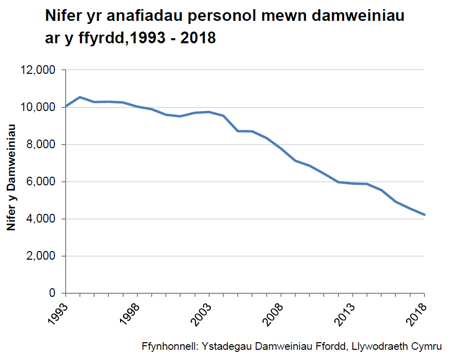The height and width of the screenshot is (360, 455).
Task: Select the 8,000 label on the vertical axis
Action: pyautogui.click(x=40, y=145)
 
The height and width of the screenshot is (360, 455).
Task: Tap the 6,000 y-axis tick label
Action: pyautogui.click(x=40, y=182)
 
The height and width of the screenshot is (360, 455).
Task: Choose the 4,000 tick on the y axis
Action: pyautogui.click(x=40, y=219)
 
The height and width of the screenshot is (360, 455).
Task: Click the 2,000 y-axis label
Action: pyautogui.click(x=40, y=256)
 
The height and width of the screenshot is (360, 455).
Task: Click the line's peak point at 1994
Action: pyautogui.click(x=79, y=97)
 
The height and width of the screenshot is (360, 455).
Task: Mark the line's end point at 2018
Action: pyautogui.click(x=424, y=215)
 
